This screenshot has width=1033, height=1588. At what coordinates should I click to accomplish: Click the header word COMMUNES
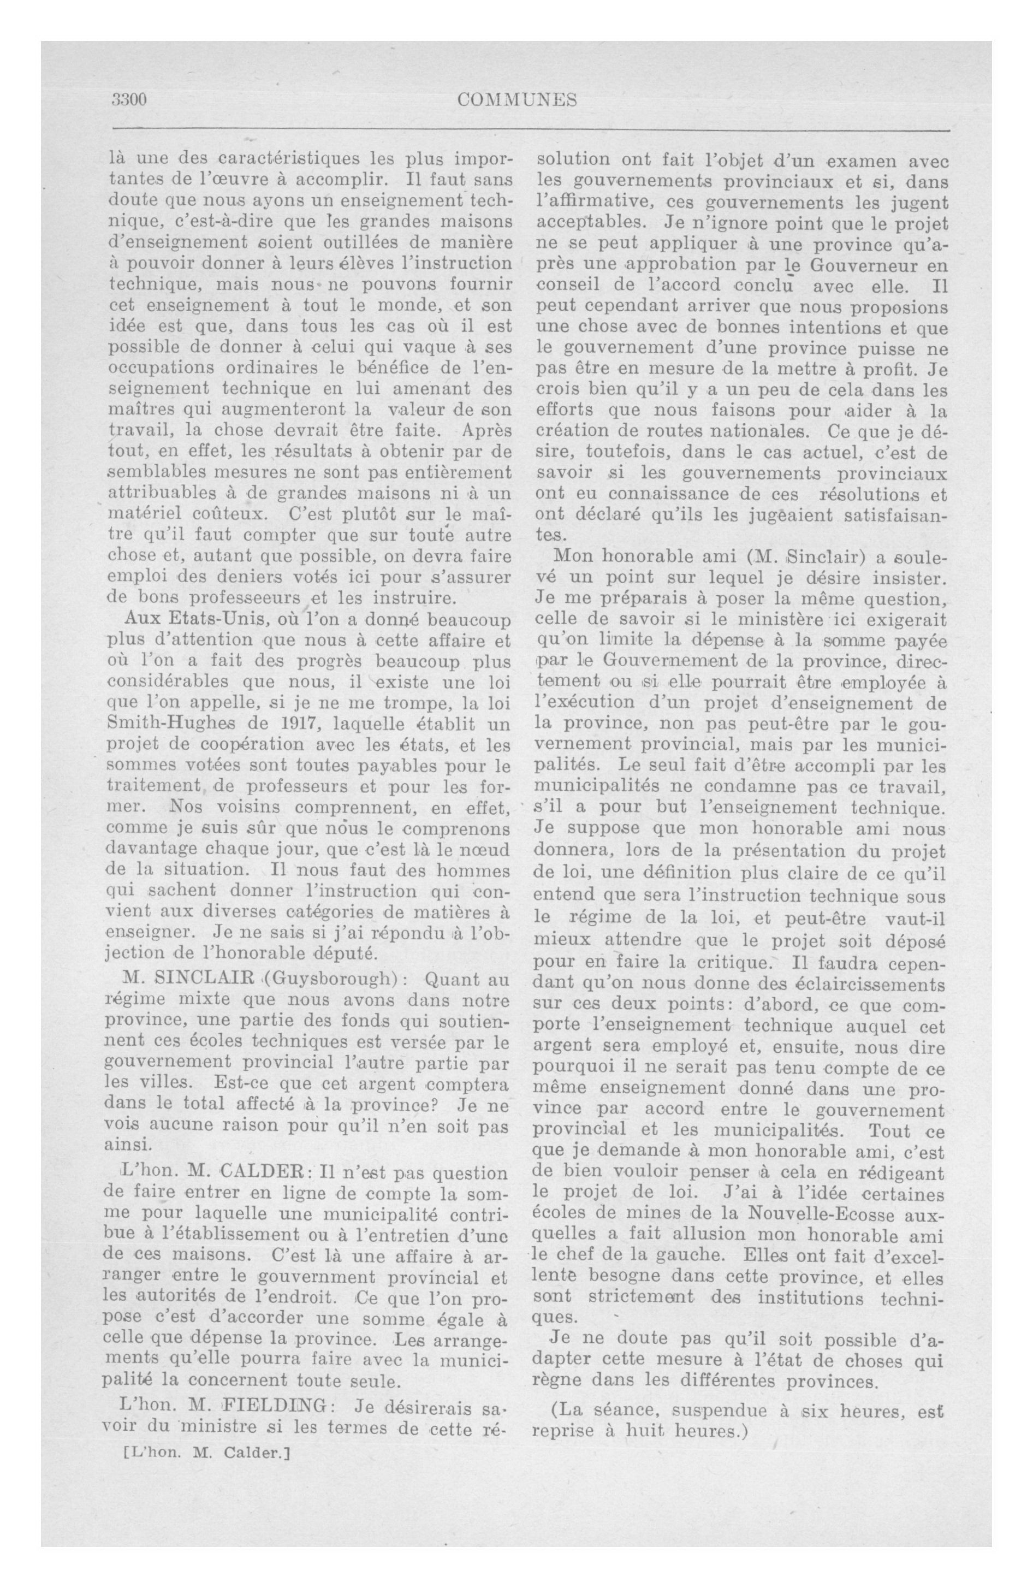tap(517, 100)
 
